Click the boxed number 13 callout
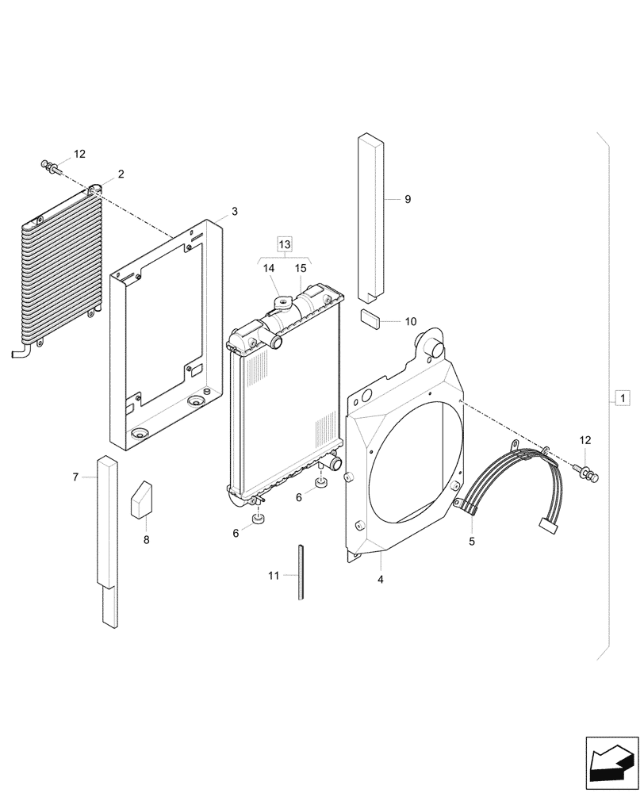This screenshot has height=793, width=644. (x=285, y=243)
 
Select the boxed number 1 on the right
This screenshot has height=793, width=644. (x=623, y=398)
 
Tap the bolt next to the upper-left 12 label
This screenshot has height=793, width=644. (x=52, y=167)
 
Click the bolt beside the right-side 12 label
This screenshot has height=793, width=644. (x=591, y=474)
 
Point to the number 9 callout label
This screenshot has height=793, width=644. (x=408, y=200)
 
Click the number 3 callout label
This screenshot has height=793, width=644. (x=234, y=212)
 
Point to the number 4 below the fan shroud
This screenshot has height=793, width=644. (x=381, y=580)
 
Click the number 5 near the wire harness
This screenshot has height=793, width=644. (x=472, y=542)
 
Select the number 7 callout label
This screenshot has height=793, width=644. (x=76, y=477)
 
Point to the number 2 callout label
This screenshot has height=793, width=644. (x=121, y=174)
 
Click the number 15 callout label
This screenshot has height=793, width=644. (x=301, y=269)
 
